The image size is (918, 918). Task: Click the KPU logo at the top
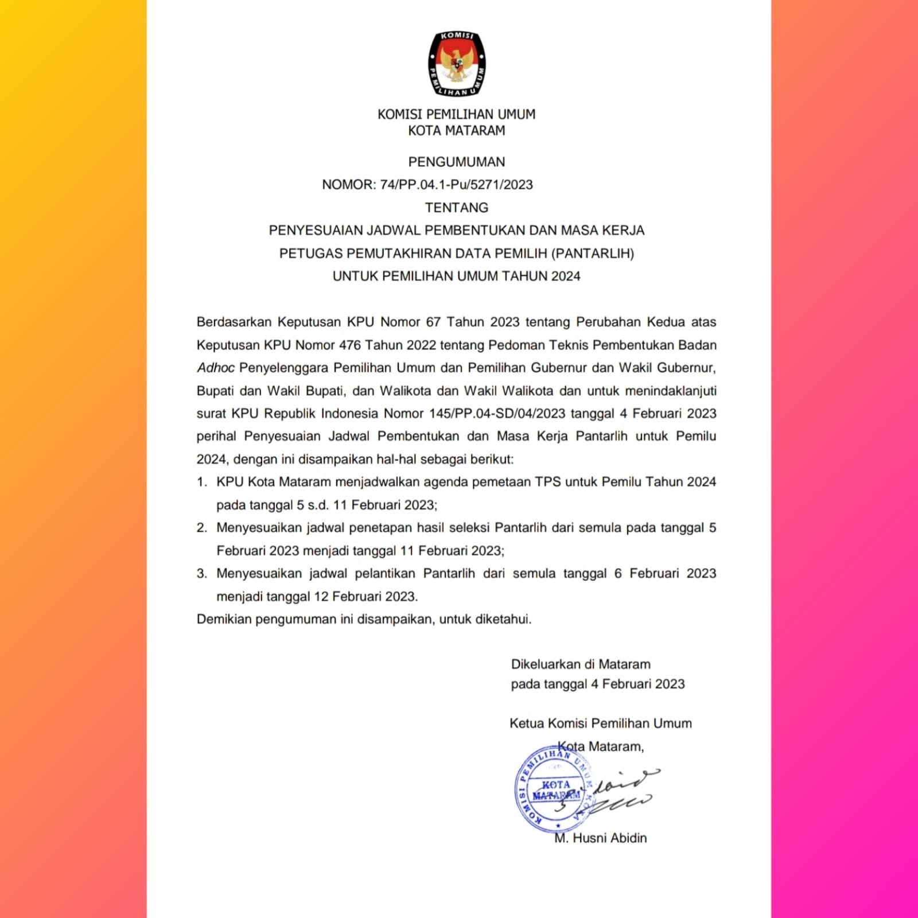coord(457,63)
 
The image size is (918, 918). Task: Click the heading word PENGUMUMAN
coord(457,162)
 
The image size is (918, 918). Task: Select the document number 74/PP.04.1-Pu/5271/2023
coord(457,185)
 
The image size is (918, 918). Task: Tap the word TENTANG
coord(457,208)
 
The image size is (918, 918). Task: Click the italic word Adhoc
coord(215,368)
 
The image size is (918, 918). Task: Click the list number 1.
coord(201,482)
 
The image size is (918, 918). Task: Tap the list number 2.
coord(201,528)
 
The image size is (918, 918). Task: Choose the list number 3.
coord(201,574)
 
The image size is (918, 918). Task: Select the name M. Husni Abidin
coord(600,838)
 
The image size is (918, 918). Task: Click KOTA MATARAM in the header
coord(457,131)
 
